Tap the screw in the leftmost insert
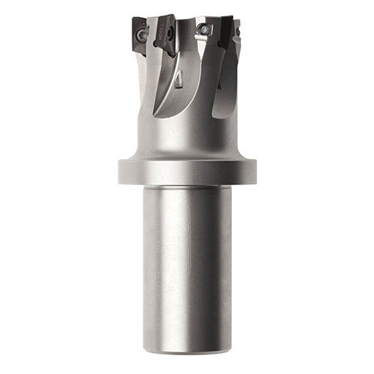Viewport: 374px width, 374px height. [x=141, y=33]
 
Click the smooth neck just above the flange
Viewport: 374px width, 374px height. [x=187, y=142]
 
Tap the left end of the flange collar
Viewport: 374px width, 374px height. [x=120, y=171]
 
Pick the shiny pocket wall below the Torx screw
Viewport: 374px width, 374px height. [x=200, y=56]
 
